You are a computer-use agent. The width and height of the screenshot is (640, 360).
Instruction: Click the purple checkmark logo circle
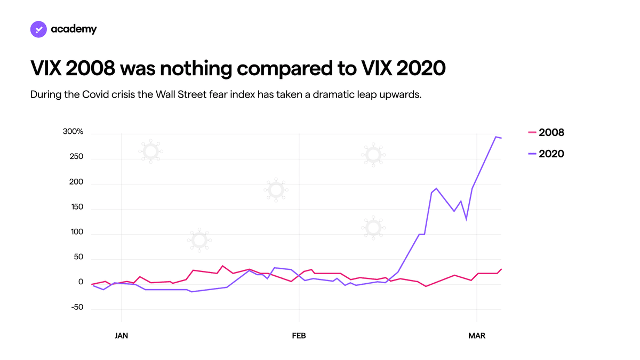coord(38,29)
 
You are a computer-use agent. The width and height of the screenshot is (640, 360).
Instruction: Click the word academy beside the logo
coord(74,29)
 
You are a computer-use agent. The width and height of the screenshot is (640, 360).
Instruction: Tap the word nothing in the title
coord(196,69)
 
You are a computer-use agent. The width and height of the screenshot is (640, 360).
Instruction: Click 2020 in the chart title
coord(421,68)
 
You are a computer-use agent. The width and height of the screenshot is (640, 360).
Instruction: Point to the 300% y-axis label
coord(73,131)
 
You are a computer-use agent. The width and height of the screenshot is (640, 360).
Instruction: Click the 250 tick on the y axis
coord(76,157)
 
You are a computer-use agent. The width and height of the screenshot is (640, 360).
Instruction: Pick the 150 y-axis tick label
coord(77,207)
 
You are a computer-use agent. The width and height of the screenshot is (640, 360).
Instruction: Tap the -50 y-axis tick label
coord(77,307)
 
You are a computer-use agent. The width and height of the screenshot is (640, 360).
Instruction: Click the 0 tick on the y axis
coord(81,282)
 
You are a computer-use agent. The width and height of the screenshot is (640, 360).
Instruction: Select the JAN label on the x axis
coord(122,335)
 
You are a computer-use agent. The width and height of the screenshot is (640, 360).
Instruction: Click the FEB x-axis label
coord(299,335)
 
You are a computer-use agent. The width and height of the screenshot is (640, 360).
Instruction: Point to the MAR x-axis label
coord(477,335)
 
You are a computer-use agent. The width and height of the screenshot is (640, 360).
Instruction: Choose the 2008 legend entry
coord(546,133)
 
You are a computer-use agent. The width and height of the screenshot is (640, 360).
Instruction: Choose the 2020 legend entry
coord(546,154)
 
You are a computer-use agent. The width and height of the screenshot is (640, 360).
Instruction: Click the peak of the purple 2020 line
coord(495,137)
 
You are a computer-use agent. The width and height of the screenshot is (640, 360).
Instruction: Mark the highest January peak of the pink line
coord(222,266)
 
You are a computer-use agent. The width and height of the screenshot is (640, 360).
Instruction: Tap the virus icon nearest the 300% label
coord(151,151)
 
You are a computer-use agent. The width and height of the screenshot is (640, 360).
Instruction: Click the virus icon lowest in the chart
coord(199,241)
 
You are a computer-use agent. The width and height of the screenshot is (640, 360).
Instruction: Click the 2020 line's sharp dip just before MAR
coord(466,219)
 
